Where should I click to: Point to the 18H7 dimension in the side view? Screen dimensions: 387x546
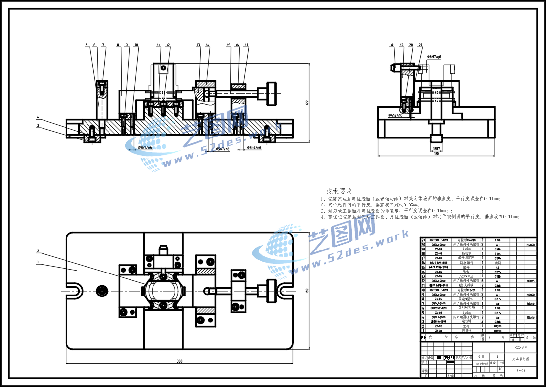(x=437, y=148)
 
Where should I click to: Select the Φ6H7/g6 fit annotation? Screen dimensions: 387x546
(x=434, y=57)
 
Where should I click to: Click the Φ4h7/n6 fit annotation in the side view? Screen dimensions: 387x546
(x=395, y=115)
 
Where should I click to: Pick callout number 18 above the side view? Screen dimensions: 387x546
(x=392, y=45)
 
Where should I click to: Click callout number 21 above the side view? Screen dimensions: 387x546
(x=420, y=45)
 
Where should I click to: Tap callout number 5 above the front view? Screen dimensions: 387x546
(x=87, y=45)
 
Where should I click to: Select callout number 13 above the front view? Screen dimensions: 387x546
(x=198, y=45)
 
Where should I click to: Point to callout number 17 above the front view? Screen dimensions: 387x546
(x=246, y=45)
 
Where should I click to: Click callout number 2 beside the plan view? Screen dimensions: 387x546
(x=37, y=251)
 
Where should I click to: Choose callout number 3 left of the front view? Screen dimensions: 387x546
(x=37, y=126)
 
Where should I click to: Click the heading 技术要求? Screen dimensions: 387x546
(x=339, y=191)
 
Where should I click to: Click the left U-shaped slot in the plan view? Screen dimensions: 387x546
(x=75, y=290)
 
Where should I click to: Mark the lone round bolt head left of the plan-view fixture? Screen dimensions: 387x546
(x=102, y=291)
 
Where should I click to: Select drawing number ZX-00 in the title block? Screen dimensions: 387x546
(x=521, y=371)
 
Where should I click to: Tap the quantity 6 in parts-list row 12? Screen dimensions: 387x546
(x=483, y=281)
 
